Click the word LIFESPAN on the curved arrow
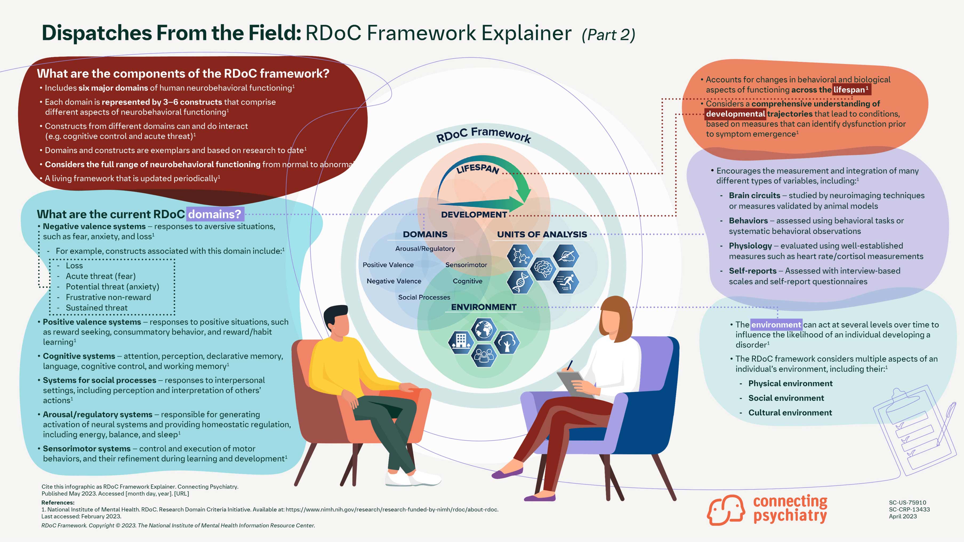478,169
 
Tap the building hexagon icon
461,342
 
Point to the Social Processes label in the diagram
424,297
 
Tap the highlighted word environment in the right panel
776,325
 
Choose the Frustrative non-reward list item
108,297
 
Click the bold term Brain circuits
754,196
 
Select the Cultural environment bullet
790,412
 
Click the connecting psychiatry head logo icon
725,510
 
